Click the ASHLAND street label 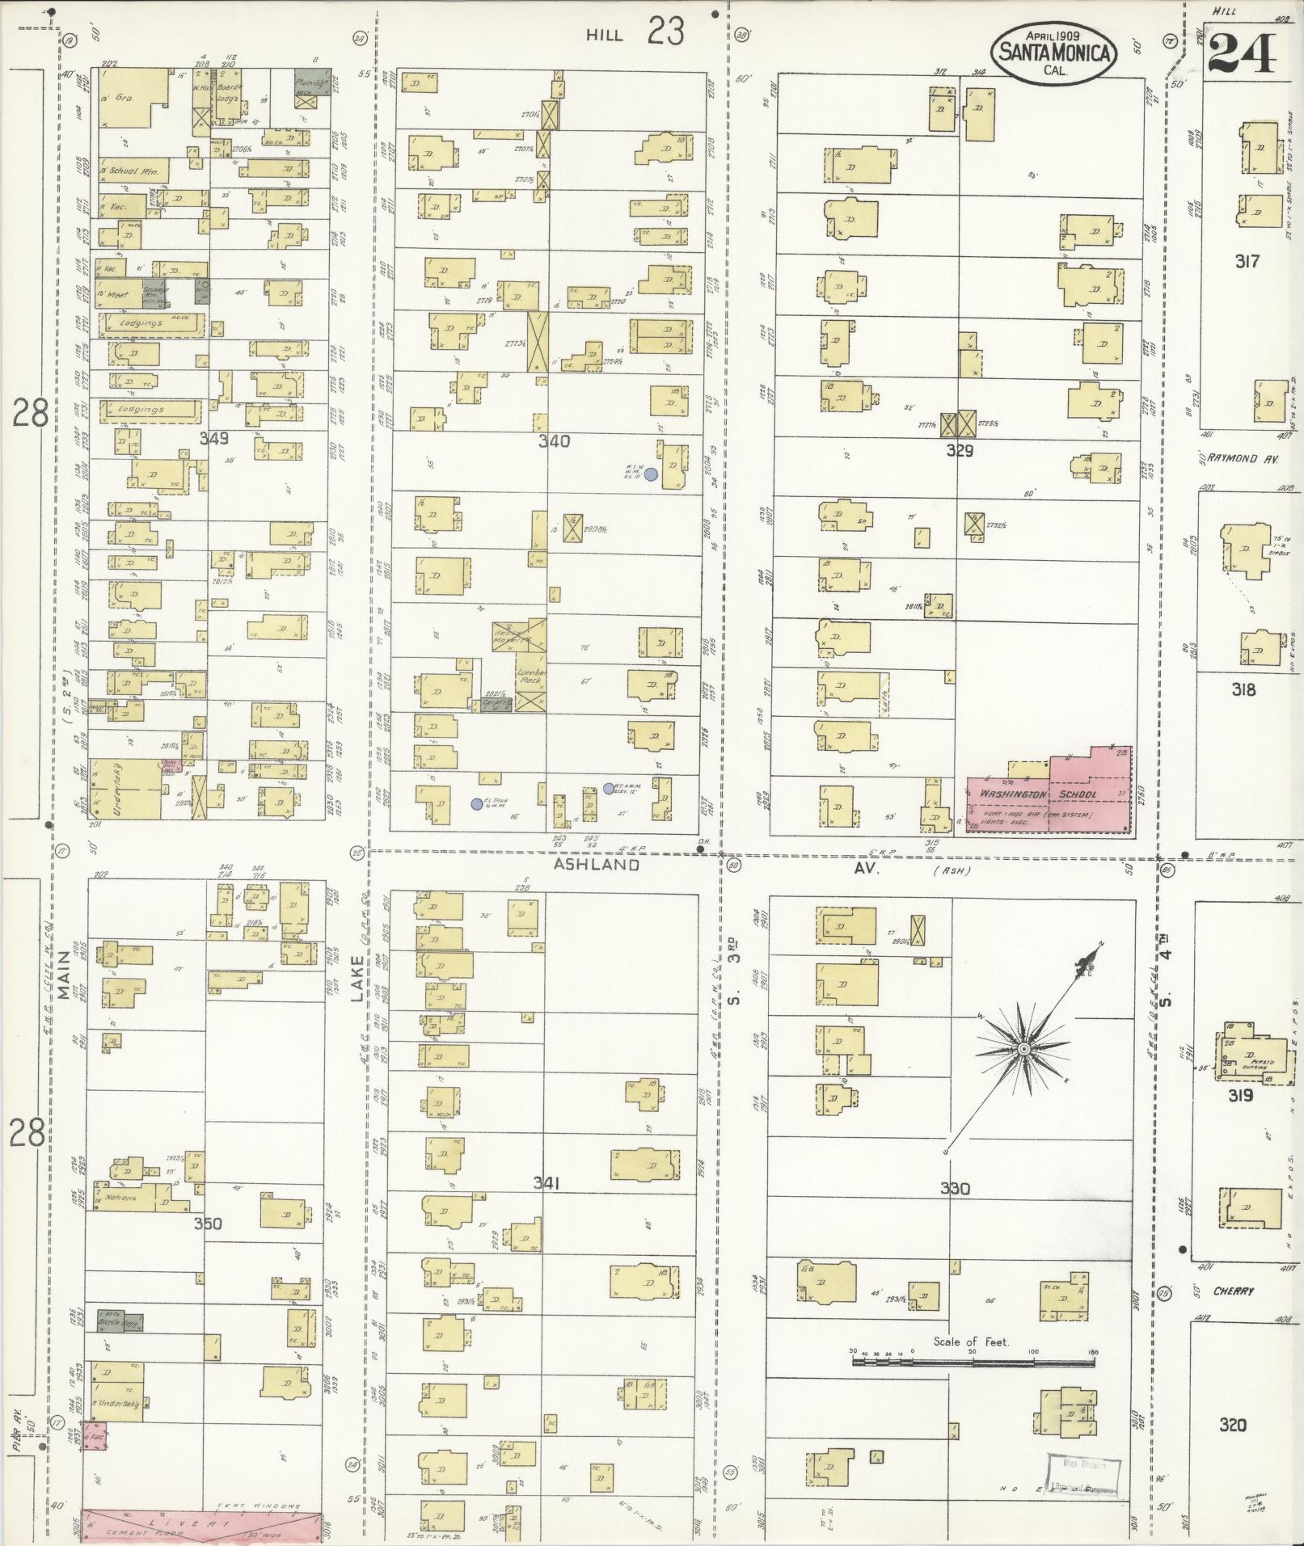coord(597,865)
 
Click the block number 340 coord(555,441)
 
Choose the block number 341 coord(546,1183)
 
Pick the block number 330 coord(955,1188)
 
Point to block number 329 coord(960,451)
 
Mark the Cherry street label coord(1233,1291)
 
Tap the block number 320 coord(1232,1425)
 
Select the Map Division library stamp coord(1083,1472)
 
